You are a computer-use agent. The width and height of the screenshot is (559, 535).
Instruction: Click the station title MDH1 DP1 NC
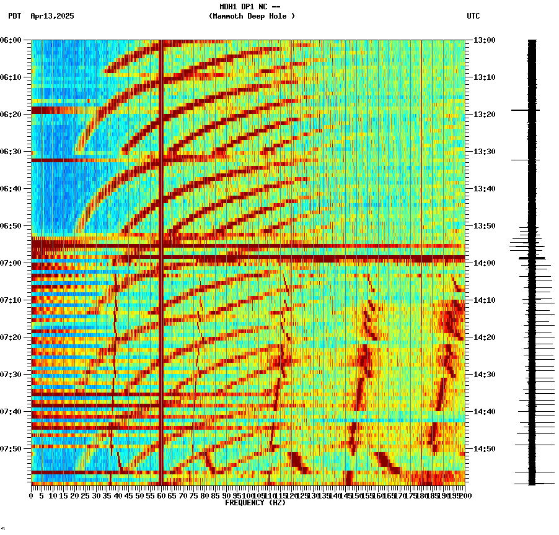[250, 7]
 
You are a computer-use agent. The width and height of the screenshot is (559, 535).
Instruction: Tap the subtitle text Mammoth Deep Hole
[252, 16]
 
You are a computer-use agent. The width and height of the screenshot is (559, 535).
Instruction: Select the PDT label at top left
[14, 16]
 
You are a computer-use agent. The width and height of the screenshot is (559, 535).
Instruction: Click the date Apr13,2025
[52, 16]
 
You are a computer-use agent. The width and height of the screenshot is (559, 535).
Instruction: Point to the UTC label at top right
[473, 16]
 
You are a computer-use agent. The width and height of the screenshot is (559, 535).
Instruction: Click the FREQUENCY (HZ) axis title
[255, 503]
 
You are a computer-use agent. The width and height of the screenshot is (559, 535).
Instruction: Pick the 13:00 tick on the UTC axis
[484, 40]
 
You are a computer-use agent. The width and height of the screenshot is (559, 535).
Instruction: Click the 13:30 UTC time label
[484, 152]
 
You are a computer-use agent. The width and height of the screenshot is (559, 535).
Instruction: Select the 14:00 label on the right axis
[484, 263]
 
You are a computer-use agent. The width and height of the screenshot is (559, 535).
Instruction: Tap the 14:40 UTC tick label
[484, 412]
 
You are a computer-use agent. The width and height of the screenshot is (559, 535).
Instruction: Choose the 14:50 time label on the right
[484, 449]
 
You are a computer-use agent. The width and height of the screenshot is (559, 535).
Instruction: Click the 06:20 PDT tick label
[11, 115]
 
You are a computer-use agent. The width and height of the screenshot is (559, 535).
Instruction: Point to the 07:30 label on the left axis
[11, 375]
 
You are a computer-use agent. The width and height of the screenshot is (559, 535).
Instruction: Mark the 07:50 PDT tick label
[11, 449]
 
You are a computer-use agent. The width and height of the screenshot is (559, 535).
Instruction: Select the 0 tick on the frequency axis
[32, 496]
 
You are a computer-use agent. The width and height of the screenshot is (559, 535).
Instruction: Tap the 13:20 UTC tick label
[484, 115]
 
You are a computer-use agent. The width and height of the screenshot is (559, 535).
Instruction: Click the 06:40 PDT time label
[11, 189]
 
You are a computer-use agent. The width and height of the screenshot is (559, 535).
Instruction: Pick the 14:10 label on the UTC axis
[484, 300]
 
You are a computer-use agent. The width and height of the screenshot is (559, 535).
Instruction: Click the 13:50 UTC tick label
[484, 226]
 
